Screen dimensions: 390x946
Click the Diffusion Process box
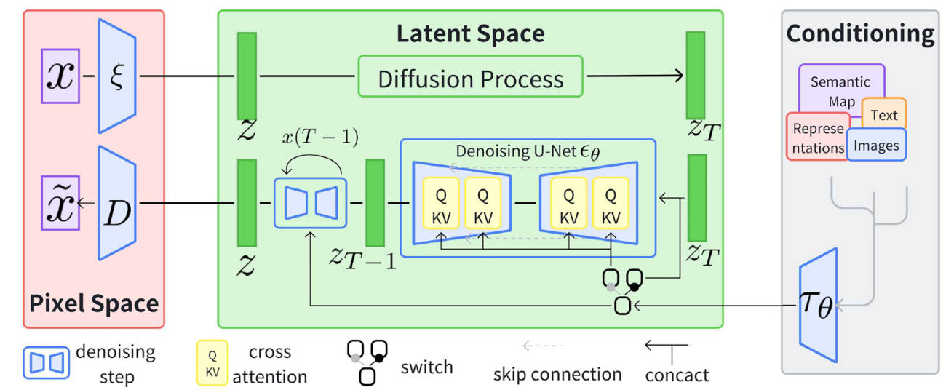coord(470,76)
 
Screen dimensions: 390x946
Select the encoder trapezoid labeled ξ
coord(117,75)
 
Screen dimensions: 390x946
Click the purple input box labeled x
coord(60,75)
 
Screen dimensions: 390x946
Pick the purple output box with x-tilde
coord(60,204)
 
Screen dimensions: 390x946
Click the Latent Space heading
coord(470,33)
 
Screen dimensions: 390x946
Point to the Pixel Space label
coord(94,303)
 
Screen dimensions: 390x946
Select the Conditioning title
coord(860,33)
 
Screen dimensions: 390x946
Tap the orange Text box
coord(884,114)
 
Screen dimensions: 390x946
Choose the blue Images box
coord(876,145)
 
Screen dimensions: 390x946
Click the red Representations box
coord(817,138)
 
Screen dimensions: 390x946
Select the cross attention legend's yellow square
coord(212,362)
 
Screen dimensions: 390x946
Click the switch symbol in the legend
coord(367,362)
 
